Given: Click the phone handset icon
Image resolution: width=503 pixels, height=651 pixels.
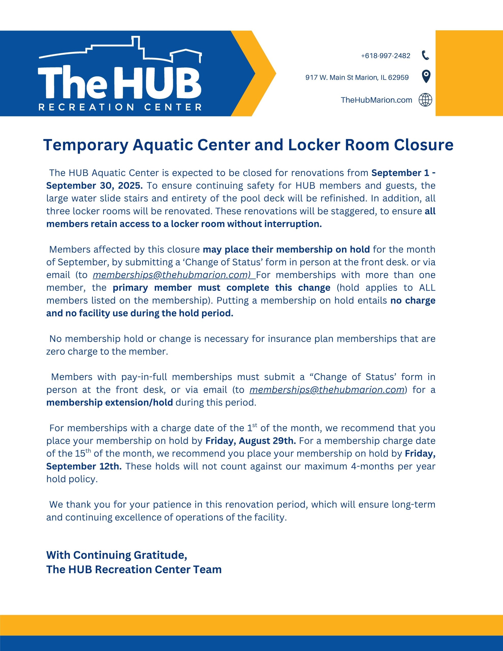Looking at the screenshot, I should [425, 55].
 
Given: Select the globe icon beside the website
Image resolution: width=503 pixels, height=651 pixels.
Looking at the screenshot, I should [425, 100].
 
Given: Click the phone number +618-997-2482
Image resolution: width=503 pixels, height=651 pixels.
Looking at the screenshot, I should [386, 56].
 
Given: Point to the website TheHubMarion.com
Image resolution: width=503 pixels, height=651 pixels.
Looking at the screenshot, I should [376, 100].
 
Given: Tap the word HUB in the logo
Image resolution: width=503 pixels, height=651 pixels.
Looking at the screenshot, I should [158, 83].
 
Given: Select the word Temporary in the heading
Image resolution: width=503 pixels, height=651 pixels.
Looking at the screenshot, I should [86, 145].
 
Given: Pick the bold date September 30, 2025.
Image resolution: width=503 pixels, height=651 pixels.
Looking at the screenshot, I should [95, 186].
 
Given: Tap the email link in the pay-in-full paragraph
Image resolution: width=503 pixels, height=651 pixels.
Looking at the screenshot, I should [327, 390].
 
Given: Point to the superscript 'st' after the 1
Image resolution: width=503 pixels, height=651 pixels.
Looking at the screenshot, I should [255, 425].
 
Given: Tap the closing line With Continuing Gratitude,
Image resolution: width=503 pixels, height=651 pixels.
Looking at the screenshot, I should [116, 555].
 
